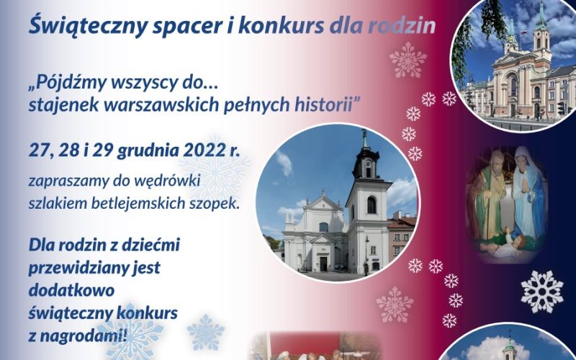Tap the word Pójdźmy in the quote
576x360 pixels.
coord(66,84)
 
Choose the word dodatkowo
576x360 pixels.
coord(71,290)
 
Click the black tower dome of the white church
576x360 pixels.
coord(366,160)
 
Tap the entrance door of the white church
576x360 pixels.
coord(323,264)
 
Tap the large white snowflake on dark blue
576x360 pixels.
coord(542,292)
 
